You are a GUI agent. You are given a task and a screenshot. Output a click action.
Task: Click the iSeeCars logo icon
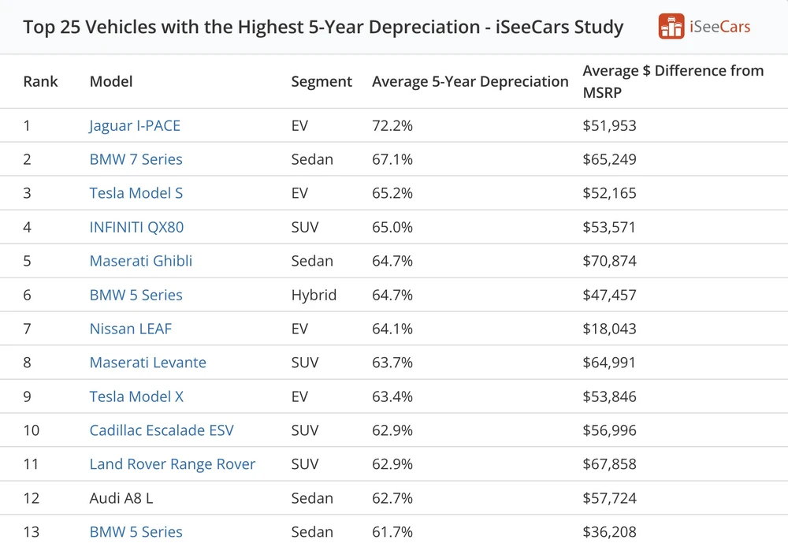(x=671, y=26)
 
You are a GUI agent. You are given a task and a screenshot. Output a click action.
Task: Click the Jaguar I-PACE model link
(x=135, y=125)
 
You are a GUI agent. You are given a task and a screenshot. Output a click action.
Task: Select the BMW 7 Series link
(x=136, y=159)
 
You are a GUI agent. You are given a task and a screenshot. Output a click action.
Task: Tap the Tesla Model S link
(x=136, y=193)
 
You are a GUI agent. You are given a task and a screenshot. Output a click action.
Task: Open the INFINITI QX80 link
(x=136, y=227)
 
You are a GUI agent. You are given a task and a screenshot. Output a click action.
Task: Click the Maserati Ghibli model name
(x=141, y=261)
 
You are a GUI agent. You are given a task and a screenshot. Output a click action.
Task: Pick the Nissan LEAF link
(x=131, y=329)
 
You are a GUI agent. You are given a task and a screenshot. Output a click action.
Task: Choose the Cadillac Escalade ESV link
(x=162, y=430)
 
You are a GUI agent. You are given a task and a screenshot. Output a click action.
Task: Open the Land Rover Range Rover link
(x=173, y=464)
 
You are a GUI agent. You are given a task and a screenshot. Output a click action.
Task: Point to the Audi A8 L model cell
(x=121, y=498)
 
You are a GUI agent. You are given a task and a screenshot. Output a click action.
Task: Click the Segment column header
(x=322, y=81)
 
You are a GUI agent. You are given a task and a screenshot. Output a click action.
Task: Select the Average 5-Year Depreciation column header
(x=470, y=81)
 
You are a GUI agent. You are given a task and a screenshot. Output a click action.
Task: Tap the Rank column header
(x=41, y=81)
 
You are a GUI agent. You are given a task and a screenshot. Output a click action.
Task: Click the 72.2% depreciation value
(x=392, y=125)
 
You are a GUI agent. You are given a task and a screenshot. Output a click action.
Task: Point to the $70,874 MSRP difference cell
(x=609, y=261)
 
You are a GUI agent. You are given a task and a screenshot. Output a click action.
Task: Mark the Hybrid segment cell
(x=314, y=295)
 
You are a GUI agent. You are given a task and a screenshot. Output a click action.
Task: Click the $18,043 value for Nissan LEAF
(x=609, y=329)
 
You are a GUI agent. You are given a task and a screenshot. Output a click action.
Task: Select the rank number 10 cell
(x=32, y=430)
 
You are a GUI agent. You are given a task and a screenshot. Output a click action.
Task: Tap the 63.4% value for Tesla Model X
(x=392, y=396)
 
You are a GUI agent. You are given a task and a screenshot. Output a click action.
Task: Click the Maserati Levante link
(x=148, y=363)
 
